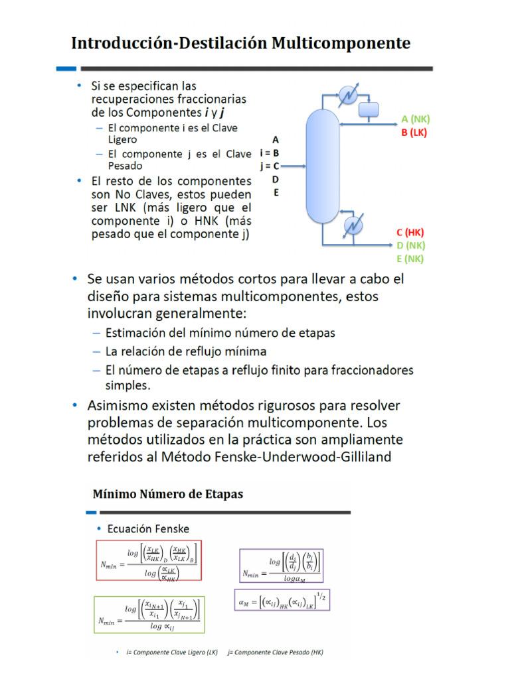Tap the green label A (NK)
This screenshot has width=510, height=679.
pyautogui.click(x=416, y=119)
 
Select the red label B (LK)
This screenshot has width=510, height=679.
pyautogui.click(x=414, y=133)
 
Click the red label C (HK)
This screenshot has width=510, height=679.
pyautogui.click(x=410, y=232)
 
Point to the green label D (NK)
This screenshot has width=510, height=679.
pyautogui.click(x=410, y=245)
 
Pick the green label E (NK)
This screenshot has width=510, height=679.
pyautogui.click(x=410, y=259)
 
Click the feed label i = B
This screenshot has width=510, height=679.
pyautogui.click(x=269, y=153)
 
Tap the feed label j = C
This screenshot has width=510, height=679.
pyautogui.click(x=269, y=166)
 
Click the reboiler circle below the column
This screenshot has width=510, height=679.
pyautogui.click(x=351, y=227)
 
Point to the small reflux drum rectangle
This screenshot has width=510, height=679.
pyautogui.click(x=368, y=109)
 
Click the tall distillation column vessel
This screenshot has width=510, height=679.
pyautogui.click(x=321, y=166)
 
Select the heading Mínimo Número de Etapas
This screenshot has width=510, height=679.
pyautogui.click(x=167, y=494)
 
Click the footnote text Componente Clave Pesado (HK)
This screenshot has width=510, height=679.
pyautogui.click(x=278, y=652)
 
